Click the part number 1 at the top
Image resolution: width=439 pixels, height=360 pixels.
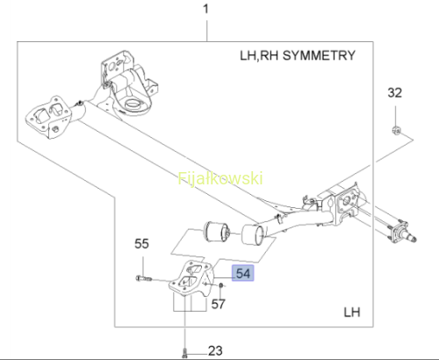click(x=206, y=9)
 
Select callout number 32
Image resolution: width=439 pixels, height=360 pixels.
click(x=395, y=93)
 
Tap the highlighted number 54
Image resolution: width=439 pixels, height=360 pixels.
click(x=243, y=273)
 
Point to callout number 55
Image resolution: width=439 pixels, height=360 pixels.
click(x=141, y=243)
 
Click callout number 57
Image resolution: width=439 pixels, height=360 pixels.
click(x=219, y=304)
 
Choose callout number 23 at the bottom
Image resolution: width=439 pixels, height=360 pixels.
click(x=215, y=350)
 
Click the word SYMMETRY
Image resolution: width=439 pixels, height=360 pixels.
click(x=319, y=55)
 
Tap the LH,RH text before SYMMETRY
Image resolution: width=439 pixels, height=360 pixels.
click(x=259, y=55)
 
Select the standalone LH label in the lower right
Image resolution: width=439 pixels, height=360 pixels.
click(x=352, y=313)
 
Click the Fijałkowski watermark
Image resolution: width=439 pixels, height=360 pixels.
click(x=220, y=178)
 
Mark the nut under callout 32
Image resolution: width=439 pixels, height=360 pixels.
click(x=396, y=130)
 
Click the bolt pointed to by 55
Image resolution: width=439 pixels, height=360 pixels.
click(x=144, y=278)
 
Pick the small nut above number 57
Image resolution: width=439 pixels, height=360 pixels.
click(x=221, y=284)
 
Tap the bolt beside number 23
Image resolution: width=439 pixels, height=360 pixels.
click(x=184, y=352)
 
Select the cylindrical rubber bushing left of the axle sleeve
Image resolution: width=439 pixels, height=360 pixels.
click(x=217, y=232)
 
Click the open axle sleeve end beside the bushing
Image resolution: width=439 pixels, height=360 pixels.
click(x=253, y=234)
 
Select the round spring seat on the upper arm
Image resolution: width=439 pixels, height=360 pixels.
click(x=133, y=104)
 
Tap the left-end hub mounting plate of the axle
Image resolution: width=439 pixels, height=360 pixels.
click(x=48, y=117)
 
